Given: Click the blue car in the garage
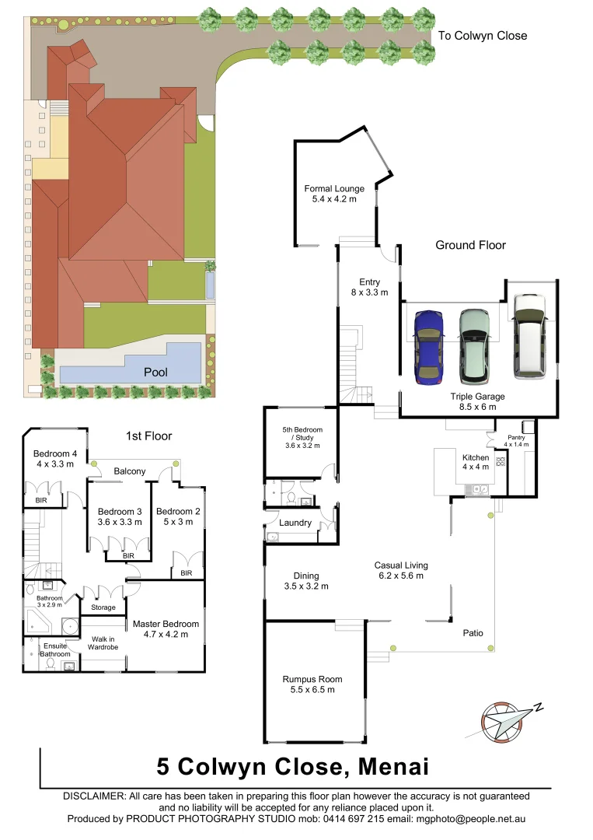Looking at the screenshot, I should [427, 346].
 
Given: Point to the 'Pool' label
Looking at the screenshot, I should [155, 373].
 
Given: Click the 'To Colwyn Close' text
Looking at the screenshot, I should [482, 36].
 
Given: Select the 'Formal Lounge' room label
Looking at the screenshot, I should [333, 189].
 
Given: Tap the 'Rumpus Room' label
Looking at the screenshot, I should [312, 679].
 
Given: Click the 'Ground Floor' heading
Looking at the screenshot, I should [470, 245].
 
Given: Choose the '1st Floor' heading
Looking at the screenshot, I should [148, 436].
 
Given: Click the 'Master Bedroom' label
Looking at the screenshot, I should [166, 624].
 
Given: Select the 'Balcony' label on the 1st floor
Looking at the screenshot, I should [130, 471].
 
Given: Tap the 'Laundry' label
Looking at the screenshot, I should [296, 523].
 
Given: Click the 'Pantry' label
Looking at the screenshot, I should [517, 438].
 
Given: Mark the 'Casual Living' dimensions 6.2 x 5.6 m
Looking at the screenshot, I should [400, 576].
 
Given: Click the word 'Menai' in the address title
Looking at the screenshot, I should [392, 767].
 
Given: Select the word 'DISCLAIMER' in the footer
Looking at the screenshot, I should [93, 796].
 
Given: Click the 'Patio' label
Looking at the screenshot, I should [473, 633].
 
